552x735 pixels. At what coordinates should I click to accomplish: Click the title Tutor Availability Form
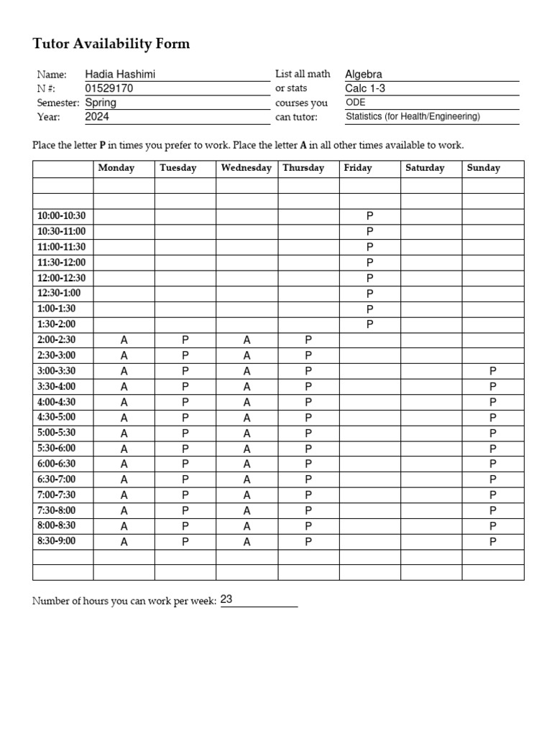[x=111, y=44]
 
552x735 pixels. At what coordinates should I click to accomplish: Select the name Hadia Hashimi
[x=120, y=75]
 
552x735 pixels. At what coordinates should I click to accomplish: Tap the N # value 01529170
[x=109, y=88]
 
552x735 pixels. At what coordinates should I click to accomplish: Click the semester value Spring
[x=101, y=103]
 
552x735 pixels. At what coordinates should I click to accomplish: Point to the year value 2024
[x=97, y=116]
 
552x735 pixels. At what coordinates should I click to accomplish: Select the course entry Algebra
[x=364, y=75]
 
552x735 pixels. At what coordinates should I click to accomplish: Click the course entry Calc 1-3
[x=366, y=88]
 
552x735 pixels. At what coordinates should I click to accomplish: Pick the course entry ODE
[x=356, y=103]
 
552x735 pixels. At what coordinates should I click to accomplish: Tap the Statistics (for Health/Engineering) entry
[x=413, y=116]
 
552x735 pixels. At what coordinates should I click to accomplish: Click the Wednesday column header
[x=247, y=168]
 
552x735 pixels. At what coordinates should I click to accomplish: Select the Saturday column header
[x=425, y=168]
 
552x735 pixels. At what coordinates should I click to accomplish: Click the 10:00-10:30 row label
[x=61, y=215]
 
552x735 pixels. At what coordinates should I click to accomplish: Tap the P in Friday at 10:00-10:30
[x=370, y=215]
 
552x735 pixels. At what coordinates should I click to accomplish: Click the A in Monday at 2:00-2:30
[x=124, y=340]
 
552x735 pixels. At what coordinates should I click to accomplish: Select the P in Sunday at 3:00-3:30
[x=493, y=371]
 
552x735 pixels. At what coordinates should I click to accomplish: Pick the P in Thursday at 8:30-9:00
[x=308, y=542]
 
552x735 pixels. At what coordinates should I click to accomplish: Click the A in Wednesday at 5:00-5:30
[x=247, y=433]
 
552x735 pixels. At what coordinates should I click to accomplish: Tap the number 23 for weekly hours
[x=226, y=599]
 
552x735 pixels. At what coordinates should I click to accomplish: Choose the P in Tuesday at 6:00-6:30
[x=185, y=464]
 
